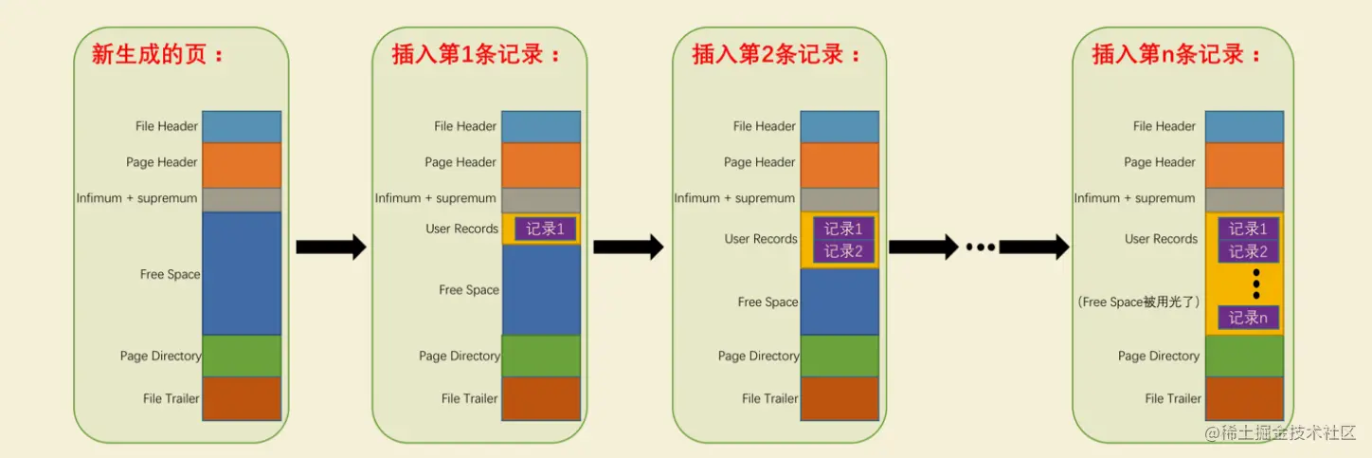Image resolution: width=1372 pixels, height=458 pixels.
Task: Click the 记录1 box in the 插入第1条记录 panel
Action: (x=546, y=229)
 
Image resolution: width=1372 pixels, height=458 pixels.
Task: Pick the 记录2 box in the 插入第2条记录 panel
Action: (x=843, y=251)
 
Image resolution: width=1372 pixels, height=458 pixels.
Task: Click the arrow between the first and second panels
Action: (x=331, y=247)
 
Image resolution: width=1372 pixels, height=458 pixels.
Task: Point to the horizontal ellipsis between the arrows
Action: (x=980, y=247)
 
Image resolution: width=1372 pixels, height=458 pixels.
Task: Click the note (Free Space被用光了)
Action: (x=1139, y=302)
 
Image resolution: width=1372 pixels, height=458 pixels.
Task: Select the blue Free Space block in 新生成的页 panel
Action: (x=242, y=273)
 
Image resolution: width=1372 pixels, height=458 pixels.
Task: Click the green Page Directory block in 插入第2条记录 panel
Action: (x=839, y=356)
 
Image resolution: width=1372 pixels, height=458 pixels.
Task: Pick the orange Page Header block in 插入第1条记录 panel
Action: (x=540, y=164)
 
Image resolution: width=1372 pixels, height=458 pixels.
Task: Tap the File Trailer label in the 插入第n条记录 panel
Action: (x=1172, y=398)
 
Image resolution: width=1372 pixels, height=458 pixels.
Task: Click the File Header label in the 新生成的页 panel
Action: (x=167, y=126)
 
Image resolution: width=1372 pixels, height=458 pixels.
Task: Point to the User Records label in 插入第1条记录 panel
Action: (x=462, y=229)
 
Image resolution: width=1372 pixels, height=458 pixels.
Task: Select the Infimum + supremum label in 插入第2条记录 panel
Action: (x=734, y=198)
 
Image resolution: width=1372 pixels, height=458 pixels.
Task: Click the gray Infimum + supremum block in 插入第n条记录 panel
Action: (x=1244, y=199)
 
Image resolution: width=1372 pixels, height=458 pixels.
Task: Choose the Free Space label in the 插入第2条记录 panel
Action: (x=767, y=302)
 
